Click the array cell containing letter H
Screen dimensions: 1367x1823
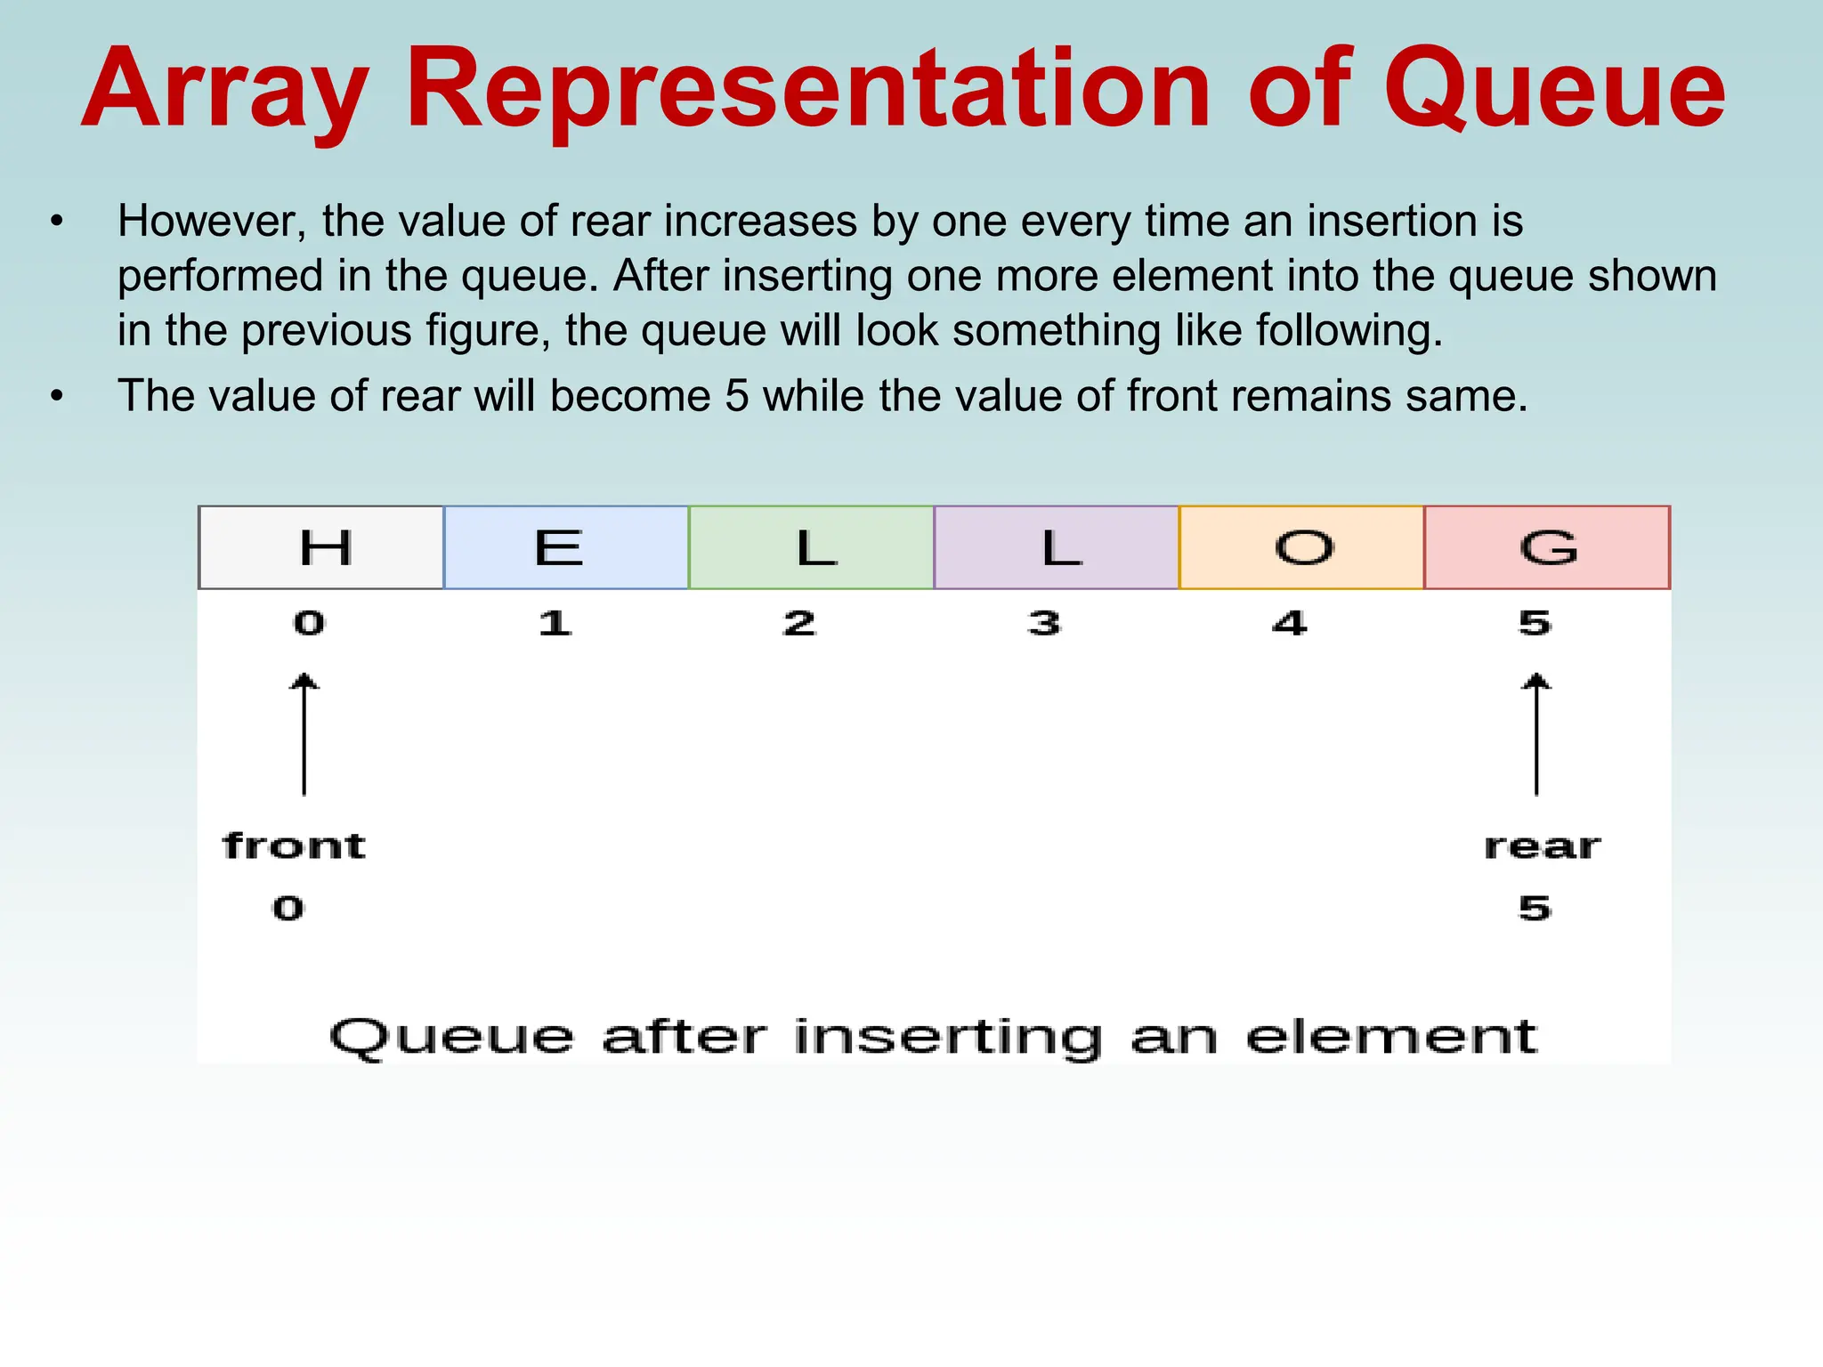tap(321, 547)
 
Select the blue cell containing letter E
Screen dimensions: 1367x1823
tap(566, 547)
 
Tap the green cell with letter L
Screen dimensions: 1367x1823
tap(811, 547)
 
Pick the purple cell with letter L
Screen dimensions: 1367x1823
tap(1057, 547)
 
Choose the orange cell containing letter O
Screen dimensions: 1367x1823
tap(1301, 547)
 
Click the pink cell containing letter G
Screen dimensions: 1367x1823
tap(1547, 547)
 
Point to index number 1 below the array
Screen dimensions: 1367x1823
tap(555, 623)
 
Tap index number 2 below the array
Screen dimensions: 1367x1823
tap(799, 623)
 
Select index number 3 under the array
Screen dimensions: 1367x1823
tap(1044, 623)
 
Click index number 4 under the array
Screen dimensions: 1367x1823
tap(1290, 623)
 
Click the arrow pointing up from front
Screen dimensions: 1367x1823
tap(304, 734)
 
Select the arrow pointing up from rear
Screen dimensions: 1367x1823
tap(1536, 734)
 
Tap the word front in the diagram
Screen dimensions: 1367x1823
tap(294, 845)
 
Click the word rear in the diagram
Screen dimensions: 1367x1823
tap(1542, 845)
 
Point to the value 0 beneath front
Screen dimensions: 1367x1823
tap(288, 909)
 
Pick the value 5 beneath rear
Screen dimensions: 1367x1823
tap(1535, 909)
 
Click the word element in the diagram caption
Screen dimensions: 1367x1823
tap(1390, 1037)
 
